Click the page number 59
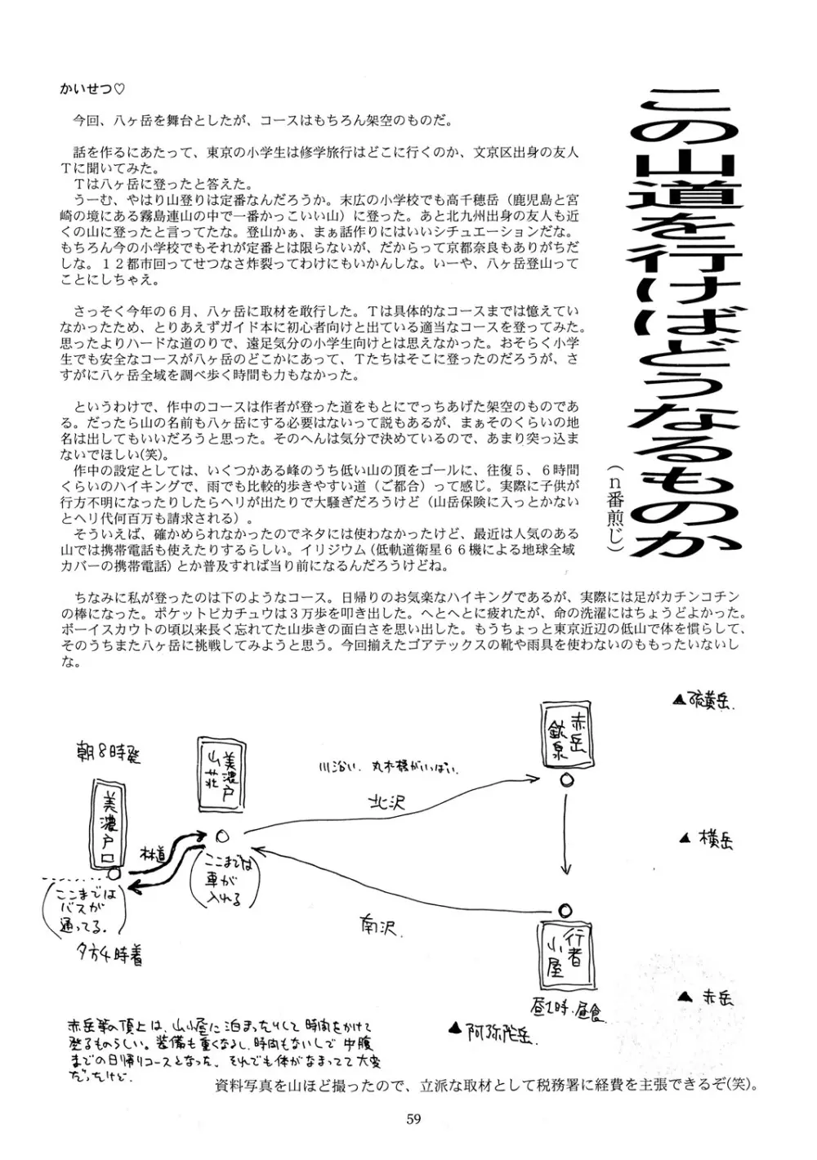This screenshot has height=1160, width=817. click(413, 1119)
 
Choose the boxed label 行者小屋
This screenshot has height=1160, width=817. click(565, 953)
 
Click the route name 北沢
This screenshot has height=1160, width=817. click(386, 804)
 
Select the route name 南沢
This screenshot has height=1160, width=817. click(377, 927)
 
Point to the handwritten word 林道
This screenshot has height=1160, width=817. click(154, 851)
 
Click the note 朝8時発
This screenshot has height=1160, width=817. click(106, 753)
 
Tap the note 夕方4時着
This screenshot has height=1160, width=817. click(111, 955)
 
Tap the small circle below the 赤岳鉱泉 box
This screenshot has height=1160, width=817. click(565, 780)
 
